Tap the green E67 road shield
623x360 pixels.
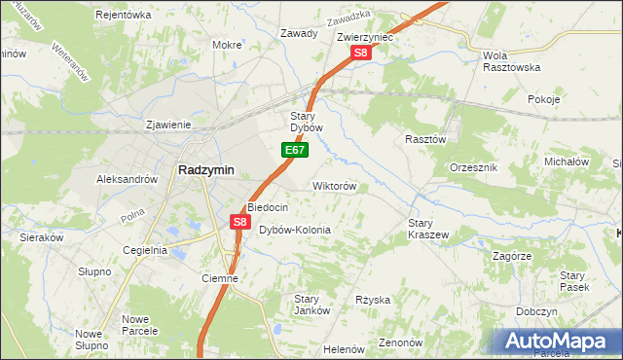(x=296, y=151)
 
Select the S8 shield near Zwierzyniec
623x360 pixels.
(x=361, y=54)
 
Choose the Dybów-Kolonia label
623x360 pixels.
(x=295, y=231)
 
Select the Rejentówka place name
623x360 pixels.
(x=124, y=15)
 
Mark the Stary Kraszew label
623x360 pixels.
(x=427, y=229)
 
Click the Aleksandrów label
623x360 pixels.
(x=127, y=180)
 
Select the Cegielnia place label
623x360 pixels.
(x=145, y=250)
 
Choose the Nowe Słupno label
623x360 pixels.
(x=91, y=340)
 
